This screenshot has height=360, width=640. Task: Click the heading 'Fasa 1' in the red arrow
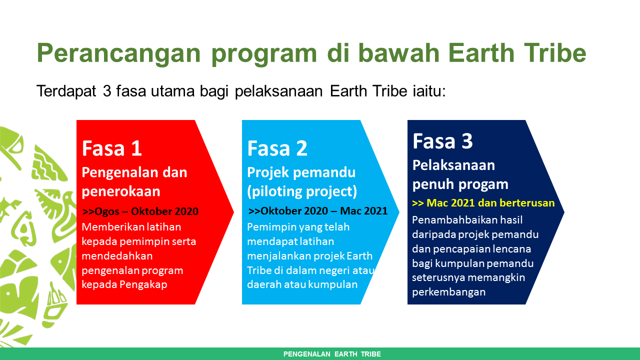(x=112, y=148)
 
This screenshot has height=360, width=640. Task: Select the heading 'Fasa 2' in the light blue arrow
(x=277, y=148)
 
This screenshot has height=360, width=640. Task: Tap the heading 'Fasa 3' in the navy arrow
(x=442, y=141)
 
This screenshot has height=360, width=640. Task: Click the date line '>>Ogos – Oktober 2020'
(x=140, y=211)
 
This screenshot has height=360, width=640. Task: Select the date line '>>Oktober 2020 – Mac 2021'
(x=318, y=211)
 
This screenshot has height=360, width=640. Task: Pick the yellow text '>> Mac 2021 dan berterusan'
(x=483, y=203)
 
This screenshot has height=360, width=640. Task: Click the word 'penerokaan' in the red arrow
(x=121, y=191)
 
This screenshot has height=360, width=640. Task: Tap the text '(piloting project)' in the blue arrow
(x=302, y=191)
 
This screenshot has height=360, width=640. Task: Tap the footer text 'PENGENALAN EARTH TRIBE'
(x=332, y=354)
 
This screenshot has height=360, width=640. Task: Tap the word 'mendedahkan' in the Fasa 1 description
(x=117, y=256)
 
